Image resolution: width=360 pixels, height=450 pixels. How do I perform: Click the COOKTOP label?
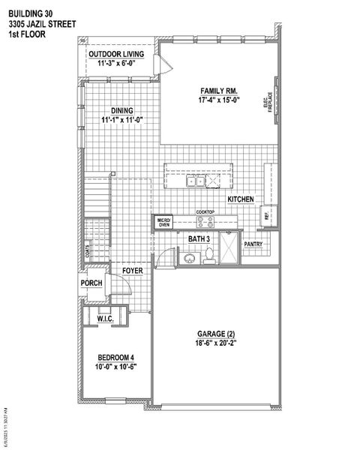click(x=205, y=212)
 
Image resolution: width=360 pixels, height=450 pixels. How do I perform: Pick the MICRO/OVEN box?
click(x=163, y=221)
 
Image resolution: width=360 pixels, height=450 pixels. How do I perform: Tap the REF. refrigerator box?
click(x=266, y=216)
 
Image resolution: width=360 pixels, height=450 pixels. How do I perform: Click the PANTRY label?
click(x=253, y=243)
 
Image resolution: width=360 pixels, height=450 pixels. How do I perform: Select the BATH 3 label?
click(x=199, y=238)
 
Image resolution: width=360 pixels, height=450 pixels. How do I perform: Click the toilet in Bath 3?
click(x=211, y=256)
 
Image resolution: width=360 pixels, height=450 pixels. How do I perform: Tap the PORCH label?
click(x=91, y=282)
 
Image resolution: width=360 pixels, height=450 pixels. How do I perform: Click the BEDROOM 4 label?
click(x=115, y=357)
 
